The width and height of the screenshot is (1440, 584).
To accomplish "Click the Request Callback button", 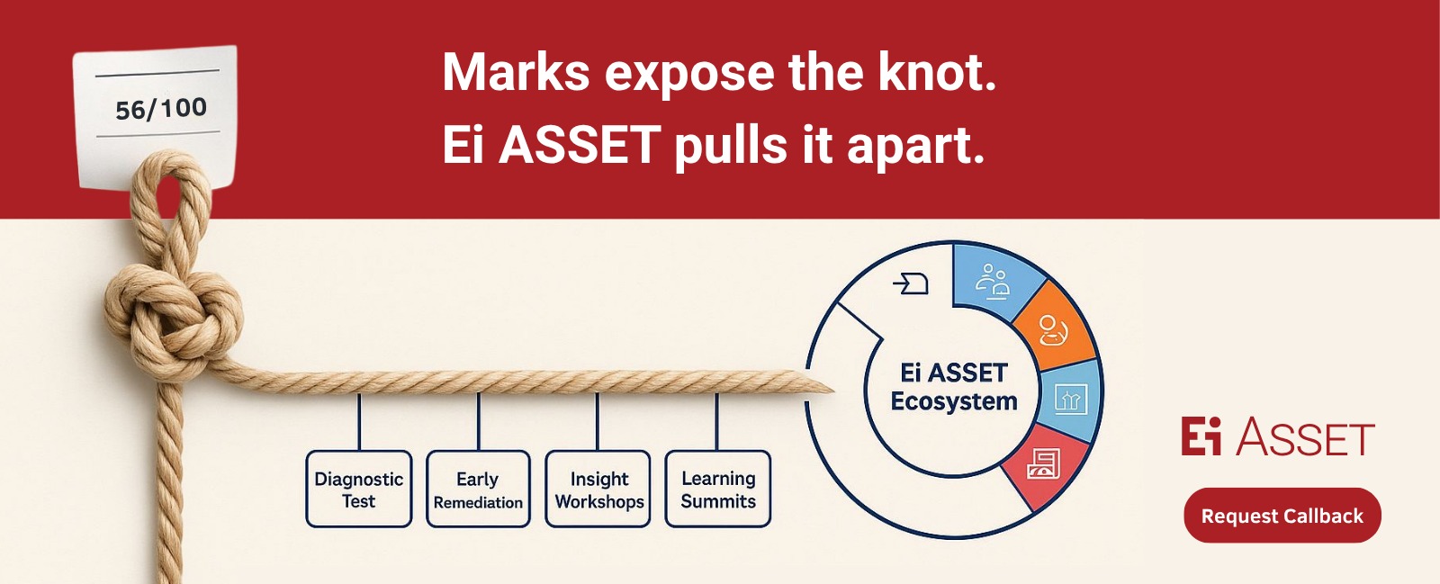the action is click(1282, 516).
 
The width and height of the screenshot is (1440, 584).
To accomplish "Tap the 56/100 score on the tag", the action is click(161, 109).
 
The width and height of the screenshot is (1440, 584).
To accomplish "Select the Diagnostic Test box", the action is click(359, 489).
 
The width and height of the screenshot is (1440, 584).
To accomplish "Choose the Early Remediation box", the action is click(478, 489).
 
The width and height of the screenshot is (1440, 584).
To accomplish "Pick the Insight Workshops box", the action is click(598, 489).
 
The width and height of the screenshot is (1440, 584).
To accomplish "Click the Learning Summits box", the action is click(718, 489).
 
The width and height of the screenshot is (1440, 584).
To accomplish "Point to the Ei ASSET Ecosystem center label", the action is click(954, 387).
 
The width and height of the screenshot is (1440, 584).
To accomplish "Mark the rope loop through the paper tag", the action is click(170, 193).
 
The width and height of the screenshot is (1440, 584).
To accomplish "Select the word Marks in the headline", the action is click(516, 72).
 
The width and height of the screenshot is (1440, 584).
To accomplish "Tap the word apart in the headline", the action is click(915, 147).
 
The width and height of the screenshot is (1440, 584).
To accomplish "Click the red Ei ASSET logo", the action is click(1278, 436).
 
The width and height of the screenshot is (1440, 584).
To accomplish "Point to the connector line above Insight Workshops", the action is click(598, 421).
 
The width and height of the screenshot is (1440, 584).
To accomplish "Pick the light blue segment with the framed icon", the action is click(1070, 400).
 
